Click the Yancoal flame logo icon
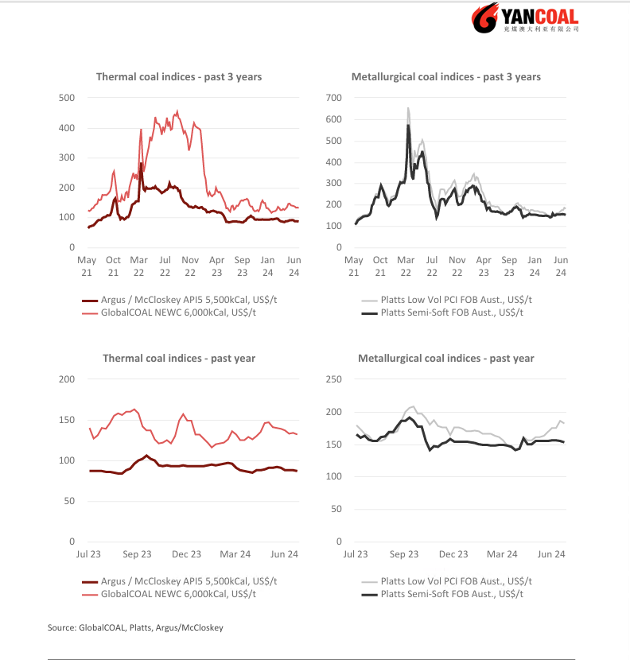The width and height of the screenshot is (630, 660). pyautogui.click(x=485, y=17)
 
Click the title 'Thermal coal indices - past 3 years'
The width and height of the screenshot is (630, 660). pyautogui.click(x=179, y=76)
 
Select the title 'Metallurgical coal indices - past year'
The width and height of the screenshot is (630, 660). pyautogui.click(x=446, y=358)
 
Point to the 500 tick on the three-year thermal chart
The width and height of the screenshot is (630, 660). pyautogui.click(x=67, y=98)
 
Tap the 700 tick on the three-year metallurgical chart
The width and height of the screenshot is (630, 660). pyautogui.click(x=333, y=98)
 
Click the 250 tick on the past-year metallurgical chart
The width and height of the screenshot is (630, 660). pyautogui.click(x=333, y=379)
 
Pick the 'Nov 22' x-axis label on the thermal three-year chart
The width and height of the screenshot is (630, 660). pyautogui.click(x=190, y=266)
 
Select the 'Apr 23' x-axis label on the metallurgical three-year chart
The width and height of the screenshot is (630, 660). pyautogui.click(x=484, y=266)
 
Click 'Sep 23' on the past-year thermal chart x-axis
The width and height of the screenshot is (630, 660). pyautogui.click(x=137, y=554)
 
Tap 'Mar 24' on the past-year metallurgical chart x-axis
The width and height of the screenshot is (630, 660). pyautogui.click(x=502, y=554)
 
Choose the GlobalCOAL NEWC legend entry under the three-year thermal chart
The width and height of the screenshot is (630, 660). pyautogui.click(x=169, y=313)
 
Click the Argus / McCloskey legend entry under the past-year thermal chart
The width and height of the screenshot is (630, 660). pyautogui.click(x=180, y=581)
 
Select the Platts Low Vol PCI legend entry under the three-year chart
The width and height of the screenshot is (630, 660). pyautogui.click(x=447, y=300)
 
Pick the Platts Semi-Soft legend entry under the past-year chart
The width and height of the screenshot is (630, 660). pyautogui.click(x=442, y=594)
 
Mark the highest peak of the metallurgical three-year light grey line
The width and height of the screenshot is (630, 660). pyautogui.click(x=408, y=108)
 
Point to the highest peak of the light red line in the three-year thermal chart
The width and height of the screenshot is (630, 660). pyautogui.click(x=177, y=111)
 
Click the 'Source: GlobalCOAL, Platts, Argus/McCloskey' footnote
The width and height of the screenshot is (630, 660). pyautogui.click(x=135, y=627)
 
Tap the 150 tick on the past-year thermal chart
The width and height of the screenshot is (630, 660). pyautogui.click(x=67, y=420)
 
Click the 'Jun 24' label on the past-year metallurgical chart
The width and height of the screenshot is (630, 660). pyautogui.click(x=550, y=554)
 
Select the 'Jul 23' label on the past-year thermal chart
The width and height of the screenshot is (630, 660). pyautogui.click(x=88, y=554)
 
